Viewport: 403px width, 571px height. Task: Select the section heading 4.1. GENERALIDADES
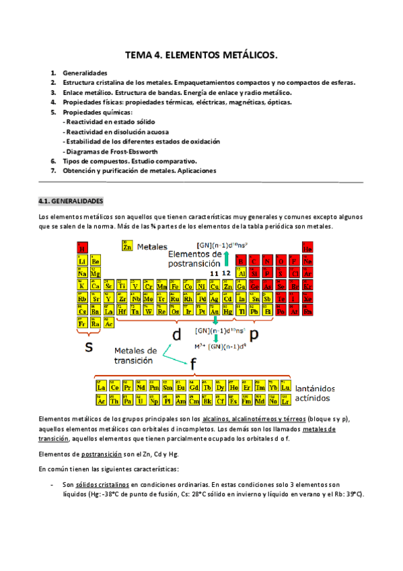(x=71, y=201)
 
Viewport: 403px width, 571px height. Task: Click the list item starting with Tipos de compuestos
(x=129, y=162)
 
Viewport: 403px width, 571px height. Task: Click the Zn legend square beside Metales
(x=127, y=247)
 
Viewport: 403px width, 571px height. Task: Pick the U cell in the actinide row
(x=142, y=401)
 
